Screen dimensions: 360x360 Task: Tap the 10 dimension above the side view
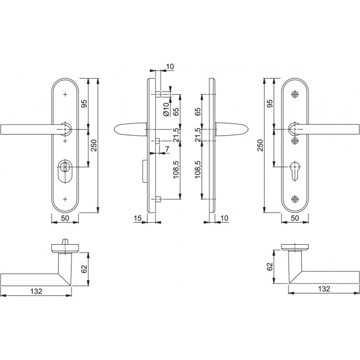pyautogui.click(x=169, y=67)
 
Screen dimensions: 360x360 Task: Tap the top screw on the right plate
pyautogui.click(x=295, y=95)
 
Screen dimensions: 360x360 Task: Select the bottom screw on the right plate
pyautogui.click(x=295, y=198)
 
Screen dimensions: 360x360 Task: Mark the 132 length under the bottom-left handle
pyautogui.click(x=36, y=290)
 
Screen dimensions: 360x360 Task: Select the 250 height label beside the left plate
pyautogui.click(x=94, y=145)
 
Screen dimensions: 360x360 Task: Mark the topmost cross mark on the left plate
pyautogui.click(x=66, y=95)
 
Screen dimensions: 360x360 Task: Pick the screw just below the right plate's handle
pyautogui.click(x=295, y=141)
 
